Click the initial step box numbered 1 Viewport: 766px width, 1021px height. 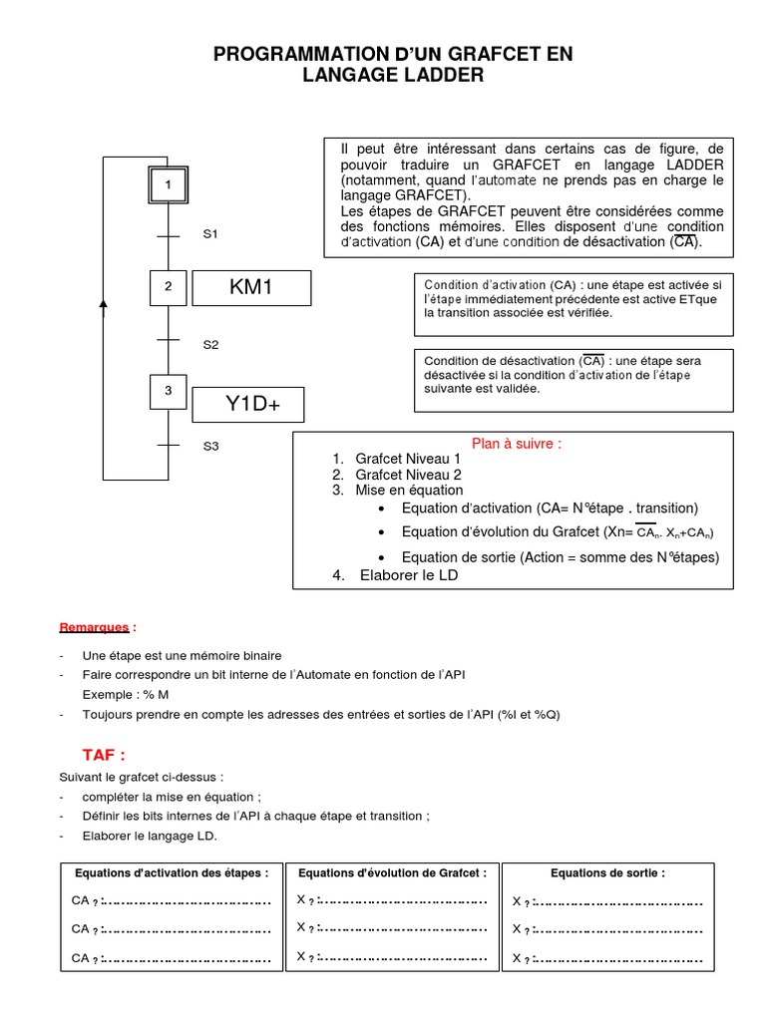168,184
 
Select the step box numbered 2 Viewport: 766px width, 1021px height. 168,287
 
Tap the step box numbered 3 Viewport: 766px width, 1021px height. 168,391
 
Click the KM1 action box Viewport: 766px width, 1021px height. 251,288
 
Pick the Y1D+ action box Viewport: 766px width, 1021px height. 247,405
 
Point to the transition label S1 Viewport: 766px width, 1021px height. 210,234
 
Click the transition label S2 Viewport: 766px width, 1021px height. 210,345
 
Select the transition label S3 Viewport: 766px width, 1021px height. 210,447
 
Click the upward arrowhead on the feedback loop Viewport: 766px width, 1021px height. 104,304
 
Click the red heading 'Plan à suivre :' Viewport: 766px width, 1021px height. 516,444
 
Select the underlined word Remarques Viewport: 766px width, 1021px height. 94,627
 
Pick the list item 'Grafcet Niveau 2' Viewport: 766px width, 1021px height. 408,475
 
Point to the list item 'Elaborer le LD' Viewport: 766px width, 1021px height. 408,576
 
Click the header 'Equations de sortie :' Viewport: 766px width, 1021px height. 607,872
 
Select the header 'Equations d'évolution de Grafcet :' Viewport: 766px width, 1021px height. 392,872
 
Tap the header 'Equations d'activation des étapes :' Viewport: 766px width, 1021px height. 171,872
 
